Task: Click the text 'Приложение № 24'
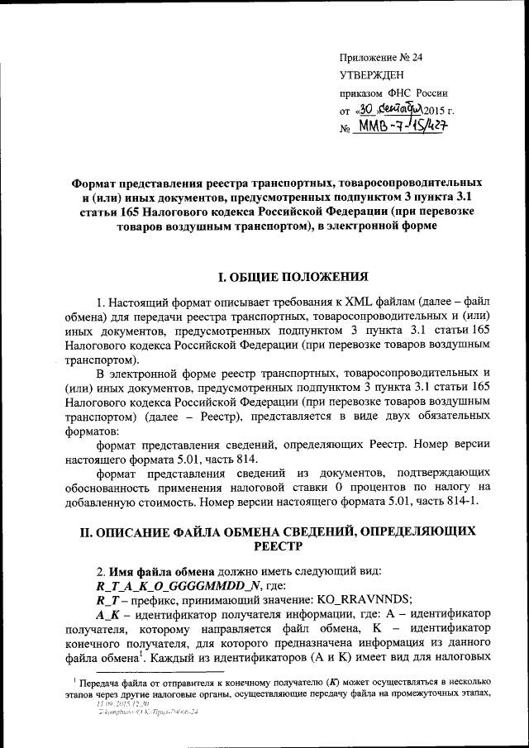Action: pos(381,57)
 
